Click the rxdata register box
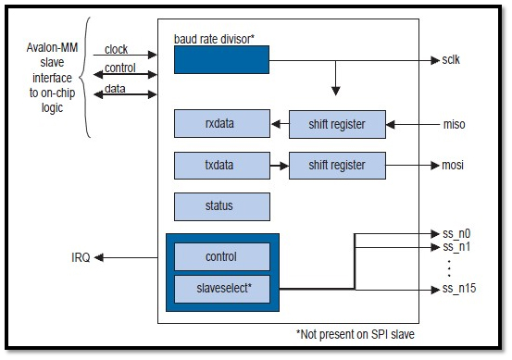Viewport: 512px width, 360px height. pos(222,123)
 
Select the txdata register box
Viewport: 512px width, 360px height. pos(222,166)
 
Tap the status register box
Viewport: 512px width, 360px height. pos(222,206)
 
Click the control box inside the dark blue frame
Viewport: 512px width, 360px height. pos(222,256)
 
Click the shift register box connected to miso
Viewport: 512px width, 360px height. pos(338,123)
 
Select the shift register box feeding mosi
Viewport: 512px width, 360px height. pos(338,166)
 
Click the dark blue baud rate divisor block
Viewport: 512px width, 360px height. pos(222,60)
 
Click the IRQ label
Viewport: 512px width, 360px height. pos(81,257)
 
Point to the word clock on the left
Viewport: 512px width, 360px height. pos(117,49)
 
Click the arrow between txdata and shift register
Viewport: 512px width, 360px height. pos(279,166)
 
